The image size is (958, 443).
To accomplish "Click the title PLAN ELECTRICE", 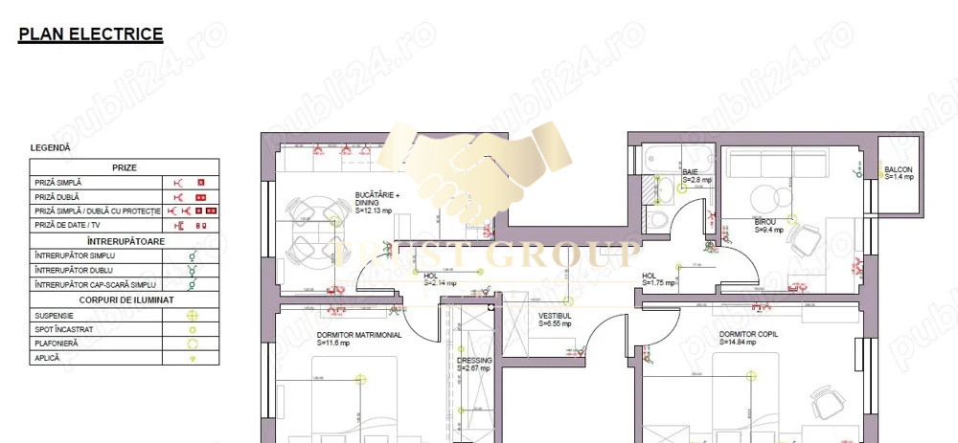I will click(x=91, y=35).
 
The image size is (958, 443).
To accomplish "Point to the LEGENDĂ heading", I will click(x=50, y=148).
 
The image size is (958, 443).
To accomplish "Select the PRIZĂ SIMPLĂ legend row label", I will click(x=58, y=182).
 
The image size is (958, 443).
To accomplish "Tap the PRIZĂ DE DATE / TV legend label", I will click(x=71, y=225).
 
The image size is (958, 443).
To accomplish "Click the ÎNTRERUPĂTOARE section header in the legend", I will click(x=125, y=240).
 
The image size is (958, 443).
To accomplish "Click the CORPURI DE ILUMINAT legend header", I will click(x=125, y=299).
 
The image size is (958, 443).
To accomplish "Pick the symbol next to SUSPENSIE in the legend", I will click(x=192, y=315).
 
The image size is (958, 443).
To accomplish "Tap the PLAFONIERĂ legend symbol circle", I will click(x=192, y=343).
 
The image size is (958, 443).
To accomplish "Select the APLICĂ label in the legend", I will click(x=47, y=357).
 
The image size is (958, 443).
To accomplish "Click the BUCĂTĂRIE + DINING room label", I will click(x=376, y=198).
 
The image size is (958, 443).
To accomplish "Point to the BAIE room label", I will click(x=691, y=172).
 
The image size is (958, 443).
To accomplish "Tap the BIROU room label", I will click(x=765, y=222).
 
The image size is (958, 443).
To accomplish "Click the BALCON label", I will click(x=899, y=170).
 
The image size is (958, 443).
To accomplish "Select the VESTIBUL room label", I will click(x=555, y=315).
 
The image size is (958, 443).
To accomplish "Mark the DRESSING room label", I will click(x=473, y=361).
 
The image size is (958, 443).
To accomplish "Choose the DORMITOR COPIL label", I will click(x=748, y=334).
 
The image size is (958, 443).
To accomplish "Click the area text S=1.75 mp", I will click(x=659, y=282).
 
